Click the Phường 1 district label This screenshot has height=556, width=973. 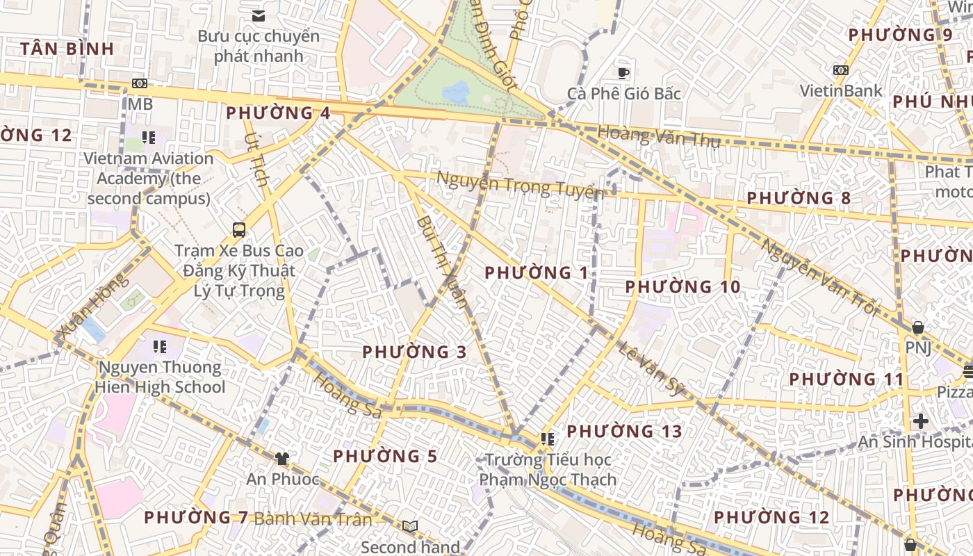[537, 272]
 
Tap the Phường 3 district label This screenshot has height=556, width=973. [415, 352]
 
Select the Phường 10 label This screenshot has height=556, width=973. [682, 286]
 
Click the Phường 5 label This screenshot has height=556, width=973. [385, 457]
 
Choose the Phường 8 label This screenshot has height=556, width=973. [799, 198]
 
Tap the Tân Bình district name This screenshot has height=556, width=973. [67, 49]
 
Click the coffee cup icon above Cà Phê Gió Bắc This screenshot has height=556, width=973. [623, 72]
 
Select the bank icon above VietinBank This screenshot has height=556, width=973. [841, 70]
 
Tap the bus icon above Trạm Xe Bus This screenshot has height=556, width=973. [239, 229]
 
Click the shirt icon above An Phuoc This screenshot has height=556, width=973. [281, 459]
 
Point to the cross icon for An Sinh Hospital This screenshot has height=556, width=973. [921, 421]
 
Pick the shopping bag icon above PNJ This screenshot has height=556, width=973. [917, 327]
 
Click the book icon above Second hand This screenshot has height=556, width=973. [410, 527]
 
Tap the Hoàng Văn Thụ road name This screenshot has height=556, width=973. [659, 136]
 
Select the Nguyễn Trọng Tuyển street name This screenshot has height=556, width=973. [519, 185]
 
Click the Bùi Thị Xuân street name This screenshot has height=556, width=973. [442, 261]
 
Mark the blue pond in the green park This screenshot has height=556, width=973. [455, 92]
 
